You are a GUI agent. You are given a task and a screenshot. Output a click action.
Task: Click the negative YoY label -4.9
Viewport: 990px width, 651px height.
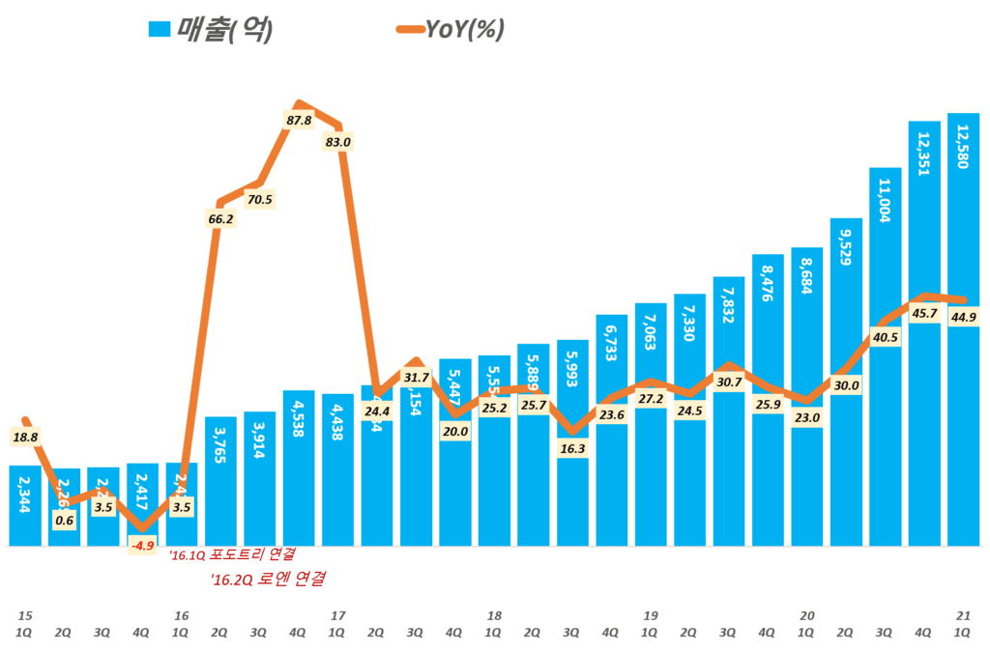[x=143, y=546]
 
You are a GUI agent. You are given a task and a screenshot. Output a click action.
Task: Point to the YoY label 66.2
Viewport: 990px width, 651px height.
[x=220, y=220]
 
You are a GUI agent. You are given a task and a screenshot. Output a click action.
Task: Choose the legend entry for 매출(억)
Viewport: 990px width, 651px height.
[x=210, y=30]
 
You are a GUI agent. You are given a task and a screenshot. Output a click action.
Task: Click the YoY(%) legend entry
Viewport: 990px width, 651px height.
[x=450, y=30]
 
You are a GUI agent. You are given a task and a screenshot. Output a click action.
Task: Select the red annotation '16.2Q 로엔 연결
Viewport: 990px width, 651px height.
[x=267, y=580]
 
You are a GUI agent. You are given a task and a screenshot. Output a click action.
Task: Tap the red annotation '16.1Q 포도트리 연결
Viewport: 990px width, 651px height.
[x=232, y=555]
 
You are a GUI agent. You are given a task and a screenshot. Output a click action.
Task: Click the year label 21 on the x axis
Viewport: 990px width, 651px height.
[x=963, y=614]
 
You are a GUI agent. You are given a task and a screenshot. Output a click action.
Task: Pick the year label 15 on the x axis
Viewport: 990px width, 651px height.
[x=25, y=614]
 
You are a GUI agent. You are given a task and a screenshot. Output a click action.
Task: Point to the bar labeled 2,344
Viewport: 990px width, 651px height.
[x=25, y=507]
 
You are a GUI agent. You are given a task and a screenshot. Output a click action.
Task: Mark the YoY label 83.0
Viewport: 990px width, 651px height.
[x=338, y=142]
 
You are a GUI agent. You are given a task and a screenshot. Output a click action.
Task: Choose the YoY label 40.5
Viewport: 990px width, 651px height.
[x=885, y=338]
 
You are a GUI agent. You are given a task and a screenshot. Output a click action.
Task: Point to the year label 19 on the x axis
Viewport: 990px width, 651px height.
[x=651, y=614]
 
